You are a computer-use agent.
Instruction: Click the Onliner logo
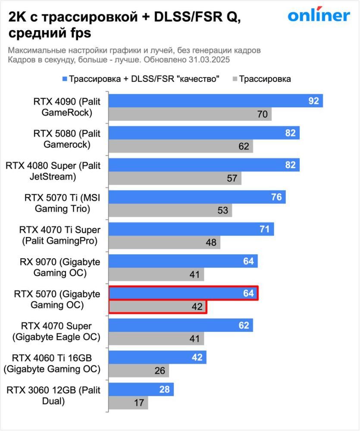[x=319, y=16]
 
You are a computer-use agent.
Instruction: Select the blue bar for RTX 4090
[x=216, y=101]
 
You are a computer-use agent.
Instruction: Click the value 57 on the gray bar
[x=232, y=178]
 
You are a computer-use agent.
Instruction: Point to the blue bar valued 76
[x=197, y=197]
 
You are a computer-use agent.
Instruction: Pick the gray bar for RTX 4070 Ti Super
[x=164, y=242]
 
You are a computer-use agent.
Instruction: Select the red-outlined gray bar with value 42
[x=157, y=306]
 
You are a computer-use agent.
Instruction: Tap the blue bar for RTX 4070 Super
[x=180, y=325]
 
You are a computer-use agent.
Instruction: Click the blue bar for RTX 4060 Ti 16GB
[x=157, y=357]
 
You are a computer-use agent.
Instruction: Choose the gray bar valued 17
[x=128, y=403]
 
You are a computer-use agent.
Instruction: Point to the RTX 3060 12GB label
[x=53, y=396]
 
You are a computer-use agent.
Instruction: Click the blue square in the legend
[x=65, y=79]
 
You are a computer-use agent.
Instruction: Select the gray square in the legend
[x=235, y=79]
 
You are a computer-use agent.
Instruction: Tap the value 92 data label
[x=313, y=101]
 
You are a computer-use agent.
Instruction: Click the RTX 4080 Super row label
[x=53, y=171]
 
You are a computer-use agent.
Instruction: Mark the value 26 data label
[x=159, y=371]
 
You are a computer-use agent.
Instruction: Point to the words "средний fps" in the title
[x=50, y=33]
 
